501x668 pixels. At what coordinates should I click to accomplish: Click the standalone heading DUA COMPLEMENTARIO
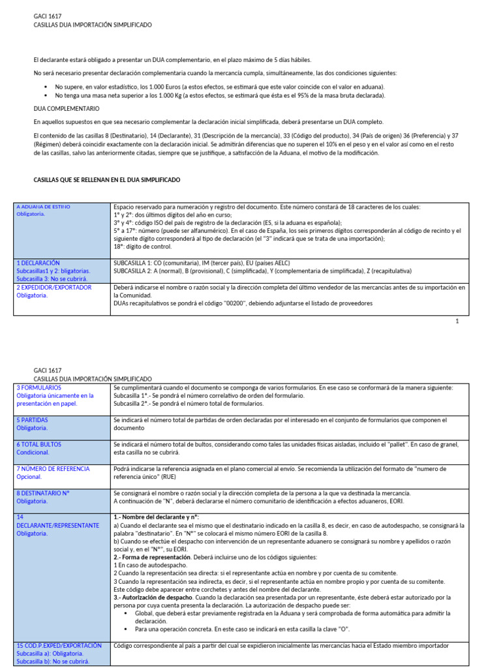[x=66, y=108]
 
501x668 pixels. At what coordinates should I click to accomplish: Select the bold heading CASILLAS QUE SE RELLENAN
[x=106, y=179]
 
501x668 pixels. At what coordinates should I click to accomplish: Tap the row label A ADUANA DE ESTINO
[x=43, y=207]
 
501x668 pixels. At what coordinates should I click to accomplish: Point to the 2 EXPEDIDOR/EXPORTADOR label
[x=54, y=287]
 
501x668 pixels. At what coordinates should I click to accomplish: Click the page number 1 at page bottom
[x=457, y=321]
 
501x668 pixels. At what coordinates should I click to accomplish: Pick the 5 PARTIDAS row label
[x=32, y=420]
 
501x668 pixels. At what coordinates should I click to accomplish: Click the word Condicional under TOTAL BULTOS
[x=33, y=452]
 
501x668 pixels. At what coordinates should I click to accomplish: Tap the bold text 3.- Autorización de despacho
[x=156, y=597]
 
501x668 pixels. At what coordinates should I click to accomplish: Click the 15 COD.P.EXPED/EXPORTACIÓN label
[x=59, y=645]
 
